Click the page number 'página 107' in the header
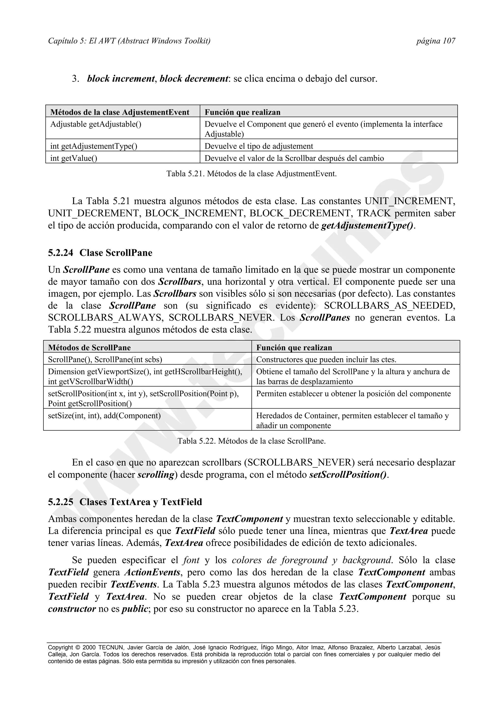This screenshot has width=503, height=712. point(435,41)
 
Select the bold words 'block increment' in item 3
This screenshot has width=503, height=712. point(121,79)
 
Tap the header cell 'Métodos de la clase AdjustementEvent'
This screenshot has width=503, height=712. point(120,112)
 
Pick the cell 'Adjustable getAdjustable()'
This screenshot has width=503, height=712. point(96,124)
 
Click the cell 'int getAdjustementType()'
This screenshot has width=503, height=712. point(94,146)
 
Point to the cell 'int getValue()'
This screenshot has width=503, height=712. point(74,158)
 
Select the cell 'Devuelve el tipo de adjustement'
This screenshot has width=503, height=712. point(259,146)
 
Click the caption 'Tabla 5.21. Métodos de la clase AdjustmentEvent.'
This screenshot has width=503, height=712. point(251,174)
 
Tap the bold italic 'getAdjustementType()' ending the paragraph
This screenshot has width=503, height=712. point(367,226)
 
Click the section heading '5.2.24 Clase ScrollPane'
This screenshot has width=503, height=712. point(100,253)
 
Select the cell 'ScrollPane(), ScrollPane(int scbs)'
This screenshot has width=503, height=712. point(105,360)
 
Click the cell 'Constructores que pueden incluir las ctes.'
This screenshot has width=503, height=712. point(326,360)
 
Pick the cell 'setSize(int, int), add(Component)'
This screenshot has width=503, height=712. point(104,415)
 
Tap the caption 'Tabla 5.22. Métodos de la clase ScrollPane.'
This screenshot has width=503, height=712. point(251,441)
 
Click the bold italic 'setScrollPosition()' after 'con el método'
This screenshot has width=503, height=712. point(348,475)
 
